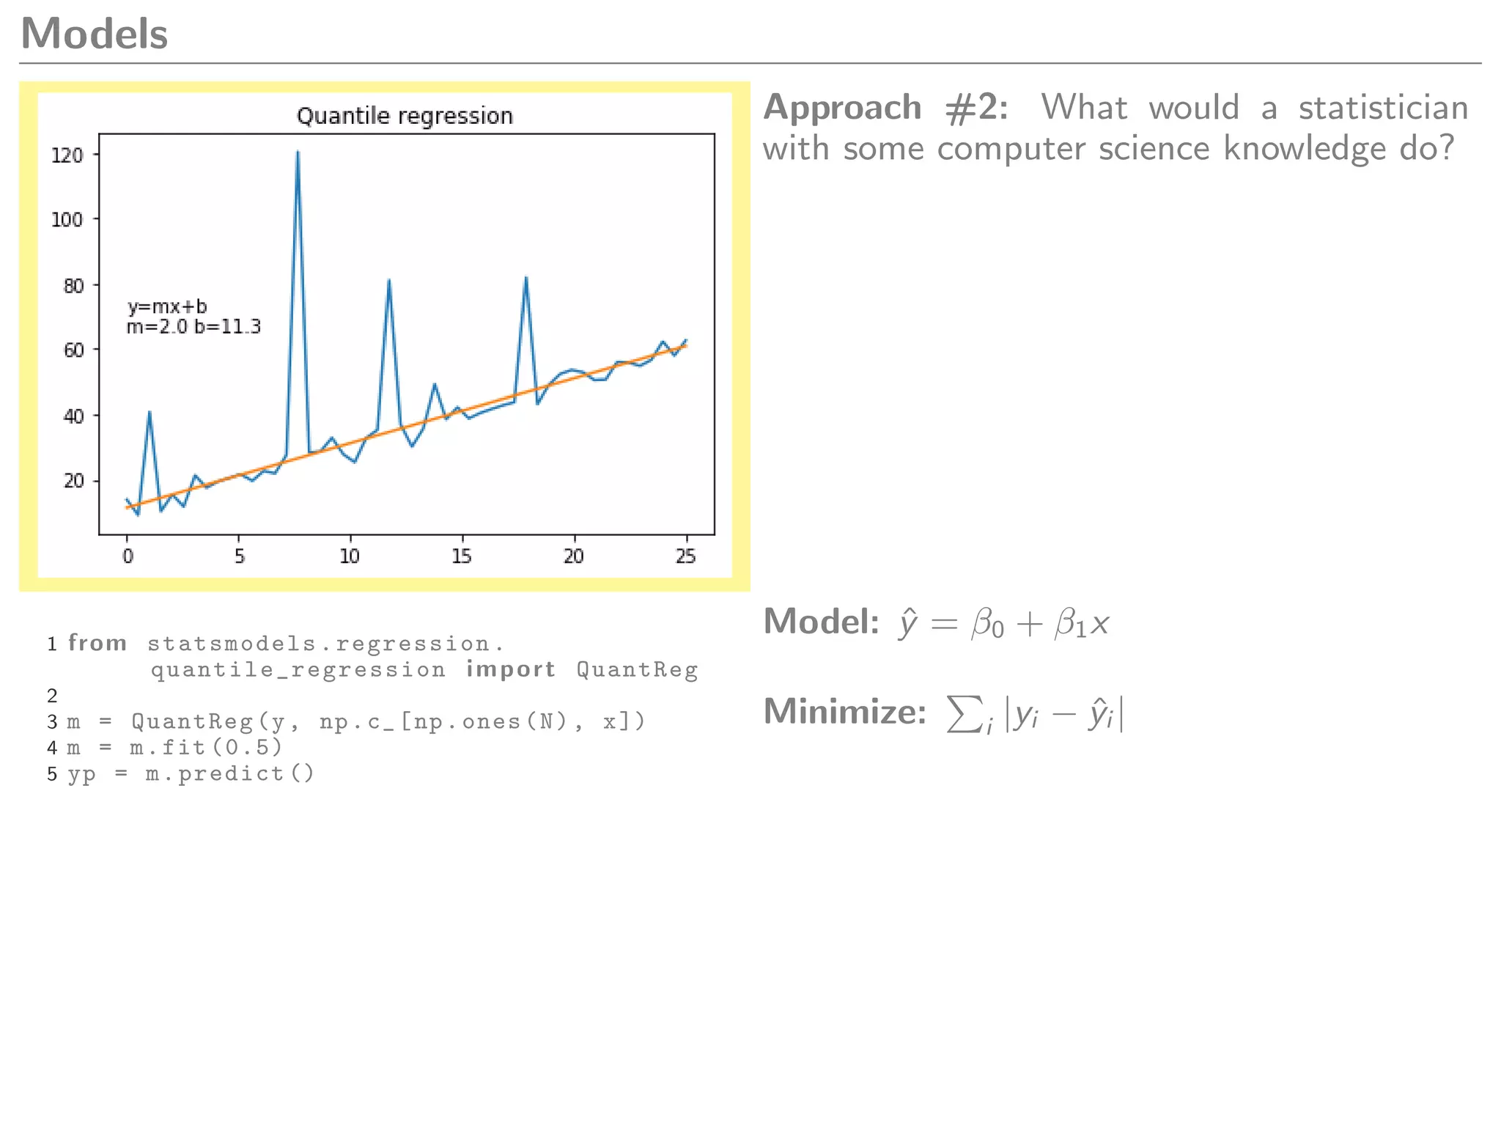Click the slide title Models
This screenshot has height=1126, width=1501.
pyautogui.click(x=95, y=34)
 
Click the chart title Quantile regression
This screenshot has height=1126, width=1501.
pyautogui.click(x=405, y=116)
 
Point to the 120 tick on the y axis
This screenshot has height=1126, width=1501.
pyautogui.click(x=67, y=155)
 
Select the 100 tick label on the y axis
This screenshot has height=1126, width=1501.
pyautogui.click(x=67, y=219)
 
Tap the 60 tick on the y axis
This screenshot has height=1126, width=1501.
pyautogui.click(x=73, y=350)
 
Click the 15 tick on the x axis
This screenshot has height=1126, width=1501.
pyautogui.click(x=462, y=556)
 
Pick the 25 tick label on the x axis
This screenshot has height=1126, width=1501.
pyautogui.click(x=686, y=556)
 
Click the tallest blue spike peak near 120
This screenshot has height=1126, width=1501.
pyautogui.click(x=298, y=152)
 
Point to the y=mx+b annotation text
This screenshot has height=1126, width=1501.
pyautogui.click(x=167, y=306)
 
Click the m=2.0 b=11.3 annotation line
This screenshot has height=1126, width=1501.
pyautogui.click(x=193, y=327)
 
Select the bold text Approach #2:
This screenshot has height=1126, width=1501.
pyautogui.click(x=885, y=108)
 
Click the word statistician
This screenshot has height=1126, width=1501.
pyautogui.click(x=1383, y=108)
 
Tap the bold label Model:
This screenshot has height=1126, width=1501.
pyautogui.click(x=821, y=622)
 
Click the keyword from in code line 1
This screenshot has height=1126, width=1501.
pyautogui.click(x=97, y=643)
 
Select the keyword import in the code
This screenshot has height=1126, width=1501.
pyautogui.click(x=511, y=669)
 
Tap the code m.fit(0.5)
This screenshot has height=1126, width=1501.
pyautogui.click(x=206, y=747)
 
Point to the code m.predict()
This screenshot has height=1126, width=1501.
pyautogui.click(x=229, y=773)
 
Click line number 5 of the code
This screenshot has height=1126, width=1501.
pyautogui.click(x=52, y=774)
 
